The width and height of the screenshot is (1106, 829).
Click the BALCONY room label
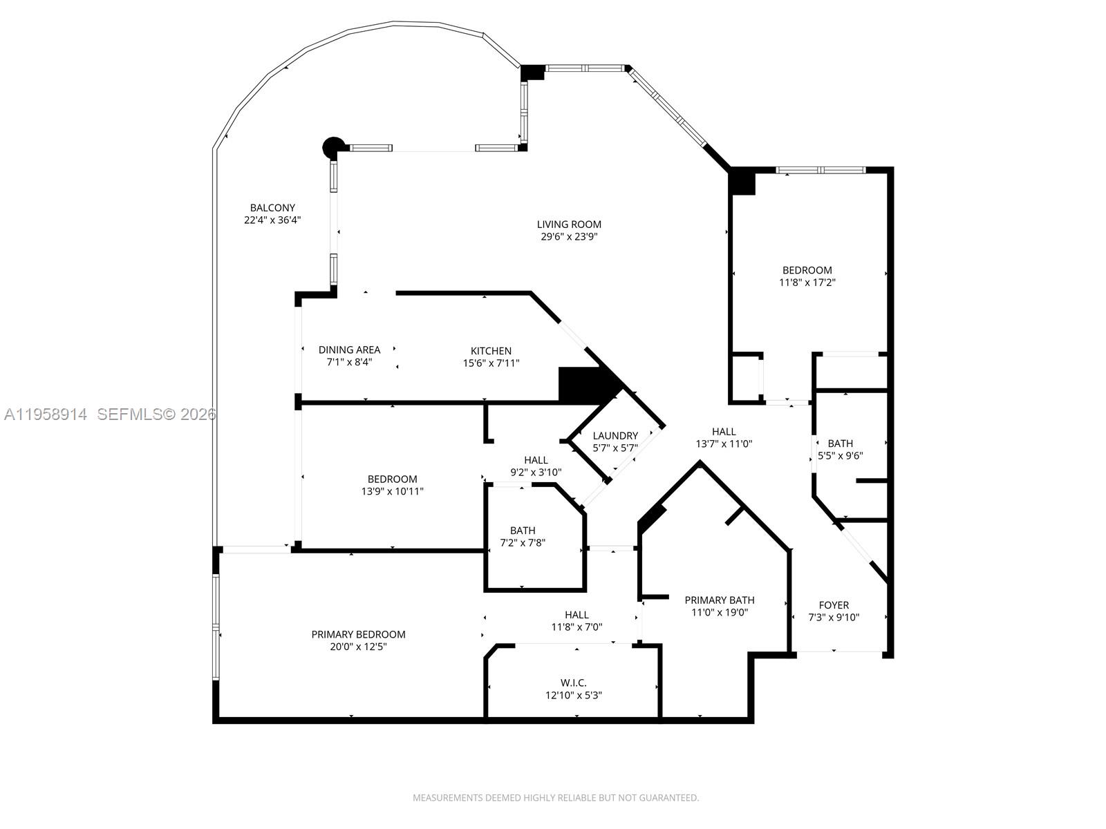click(272, 207)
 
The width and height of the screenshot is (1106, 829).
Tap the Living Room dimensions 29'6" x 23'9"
click(569, 237)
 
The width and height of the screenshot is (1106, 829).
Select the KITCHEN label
click(491, 350)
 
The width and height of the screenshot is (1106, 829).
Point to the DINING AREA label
click(349, 350)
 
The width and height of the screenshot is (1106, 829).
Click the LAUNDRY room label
click(615, 435)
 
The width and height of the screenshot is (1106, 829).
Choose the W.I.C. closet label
click(573, 683)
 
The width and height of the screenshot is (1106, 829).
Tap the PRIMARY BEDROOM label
click(358, 634)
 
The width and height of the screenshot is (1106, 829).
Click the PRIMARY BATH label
click(719, 600)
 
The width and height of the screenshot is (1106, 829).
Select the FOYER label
click(834, 604)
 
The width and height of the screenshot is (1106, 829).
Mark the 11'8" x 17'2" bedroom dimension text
click(807, 283)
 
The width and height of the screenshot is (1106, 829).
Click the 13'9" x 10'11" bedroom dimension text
click(392, 492)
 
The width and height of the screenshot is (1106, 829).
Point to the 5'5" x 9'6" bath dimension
click(841, 456)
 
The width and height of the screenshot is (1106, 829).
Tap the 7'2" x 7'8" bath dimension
click(523, 543)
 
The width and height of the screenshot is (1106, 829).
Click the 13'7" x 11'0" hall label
click(724, 444)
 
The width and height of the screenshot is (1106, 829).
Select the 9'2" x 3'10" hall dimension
click(536, 473)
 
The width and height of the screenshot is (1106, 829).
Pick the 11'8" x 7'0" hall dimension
click(577, 627)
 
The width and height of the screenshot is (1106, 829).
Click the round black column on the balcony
click(332, 146)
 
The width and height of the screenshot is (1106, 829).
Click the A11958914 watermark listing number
click(46, 414)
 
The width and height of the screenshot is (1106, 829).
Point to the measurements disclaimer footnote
click(556, 798)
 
